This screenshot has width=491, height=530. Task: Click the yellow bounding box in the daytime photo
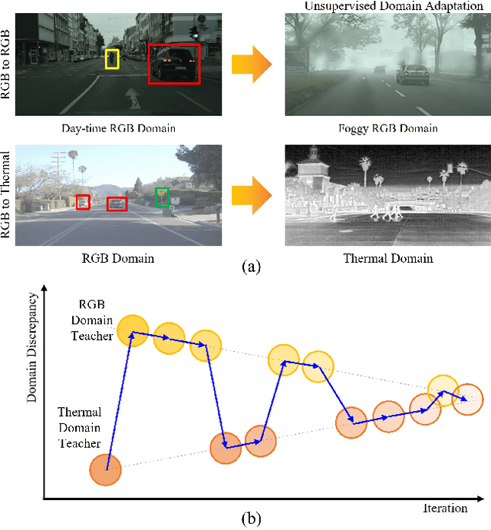pyautogui.click(x=112, y=59)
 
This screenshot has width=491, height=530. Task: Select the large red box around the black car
pyautogui.click(x=173, y=63)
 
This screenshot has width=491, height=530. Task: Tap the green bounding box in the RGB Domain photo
pyautogui.click(x=161, y=197)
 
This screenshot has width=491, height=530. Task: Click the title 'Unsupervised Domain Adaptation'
pyautogui.click(x=387, y=6)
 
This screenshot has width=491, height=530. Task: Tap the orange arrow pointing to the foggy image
pyautogui.click(x=252, y=64)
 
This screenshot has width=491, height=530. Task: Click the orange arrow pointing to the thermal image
pyautogui.click(x=252, y=195)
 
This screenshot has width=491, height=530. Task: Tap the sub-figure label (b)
pyautogui.click(x=251, y=518)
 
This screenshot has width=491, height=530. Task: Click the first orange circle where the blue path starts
pyautogui.click(x=106, y=469)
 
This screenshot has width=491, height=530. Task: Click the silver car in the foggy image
pyautogui.click(x=412, y=75)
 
